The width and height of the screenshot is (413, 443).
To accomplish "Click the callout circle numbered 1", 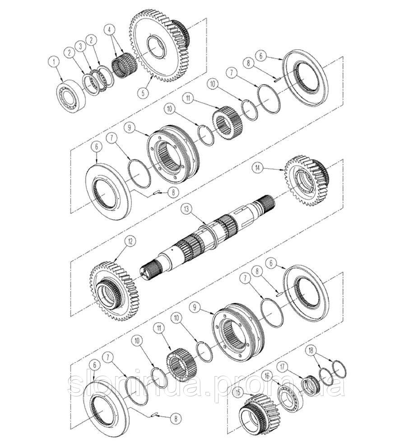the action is (54, 61).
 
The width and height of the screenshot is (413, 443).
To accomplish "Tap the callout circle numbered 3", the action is (82, 46).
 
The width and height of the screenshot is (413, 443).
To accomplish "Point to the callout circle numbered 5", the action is (143, 92).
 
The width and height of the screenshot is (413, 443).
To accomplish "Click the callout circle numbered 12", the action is (130, 241).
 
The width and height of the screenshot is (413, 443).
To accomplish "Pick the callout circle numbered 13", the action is (186, 209).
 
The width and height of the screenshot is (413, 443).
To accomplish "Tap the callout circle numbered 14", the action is (257, 168).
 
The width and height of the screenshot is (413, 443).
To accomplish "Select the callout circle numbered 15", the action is (238, 393).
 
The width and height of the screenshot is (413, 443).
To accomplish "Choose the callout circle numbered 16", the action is (267, 376).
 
